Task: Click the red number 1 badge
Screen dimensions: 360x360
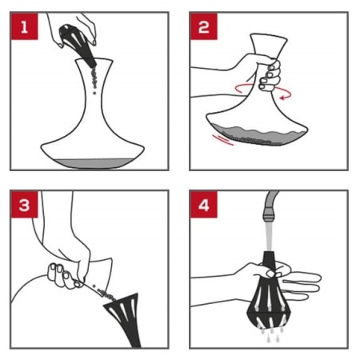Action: tap(24, 26)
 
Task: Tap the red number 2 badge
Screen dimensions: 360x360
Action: tap(204, 26)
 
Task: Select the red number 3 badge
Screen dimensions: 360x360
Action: tap(24, 205)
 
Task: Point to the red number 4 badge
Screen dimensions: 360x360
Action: tap(204, 205)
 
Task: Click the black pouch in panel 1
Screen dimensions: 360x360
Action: tap(78, 45)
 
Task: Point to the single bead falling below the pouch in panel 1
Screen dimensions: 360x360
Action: tap(94, 93)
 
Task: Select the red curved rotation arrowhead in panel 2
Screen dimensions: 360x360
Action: tap(282, 98)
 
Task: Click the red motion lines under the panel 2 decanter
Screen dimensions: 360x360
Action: tap(223, 140)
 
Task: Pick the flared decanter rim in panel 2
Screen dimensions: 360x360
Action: tap(269, 37)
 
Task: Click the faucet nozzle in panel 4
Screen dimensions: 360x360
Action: tap(268, 215)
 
